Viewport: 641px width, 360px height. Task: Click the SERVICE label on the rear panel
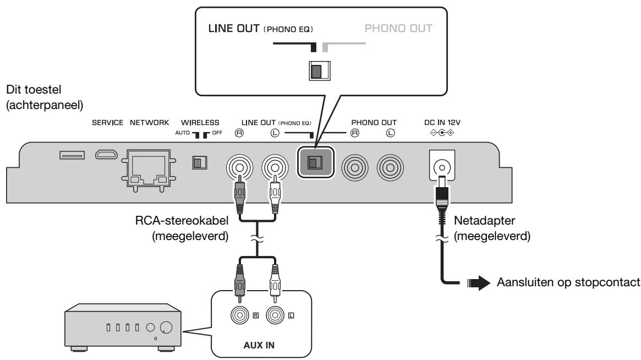[107, 122]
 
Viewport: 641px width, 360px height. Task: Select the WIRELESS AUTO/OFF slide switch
[200, 163]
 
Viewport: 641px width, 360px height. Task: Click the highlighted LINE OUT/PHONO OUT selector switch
[315, 162]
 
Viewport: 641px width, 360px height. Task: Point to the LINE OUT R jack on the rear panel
[239, 168]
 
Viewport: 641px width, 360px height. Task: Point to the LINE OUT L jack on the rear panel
[275, 168]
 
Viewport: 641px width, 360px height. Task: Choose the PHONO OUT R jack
[355, 168]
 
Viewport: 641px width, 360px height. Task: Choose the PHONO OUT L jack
[391, 168]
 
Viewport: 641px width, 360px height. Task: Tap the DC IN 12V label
[442, 122]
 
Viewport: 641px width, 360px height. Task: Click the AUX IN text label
[259, 345]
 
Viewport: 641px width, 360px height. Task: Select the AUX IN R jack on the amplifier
[240, 315]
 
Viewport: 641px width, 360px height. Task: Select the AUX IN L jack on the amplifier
[275, 315]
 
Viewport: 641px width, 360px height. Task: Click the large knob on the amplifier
[166, 328]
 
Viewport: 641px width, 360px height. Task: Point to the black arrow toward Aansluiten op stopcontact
[479, 283]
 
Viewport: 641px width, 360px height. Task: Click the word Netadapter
[484, 221]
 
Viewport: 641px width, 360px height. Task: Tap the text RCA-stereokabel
[182, 221]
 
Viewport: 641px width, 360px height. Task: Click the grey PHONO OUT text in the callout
[398, 28]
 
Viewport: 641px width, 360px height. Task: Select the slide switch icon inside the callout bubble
[320, 71]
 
